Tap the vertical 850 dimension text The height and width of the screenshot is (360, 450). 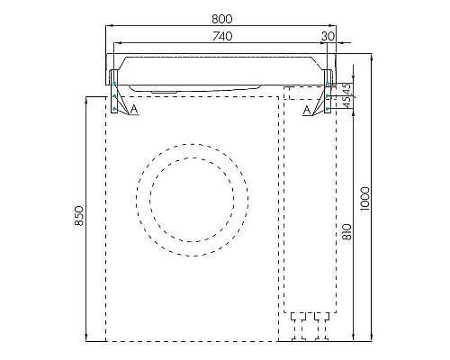80,217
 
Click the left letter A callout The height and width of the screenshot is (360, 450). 134,110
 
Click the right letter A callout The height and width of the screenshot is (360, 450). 308,110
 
